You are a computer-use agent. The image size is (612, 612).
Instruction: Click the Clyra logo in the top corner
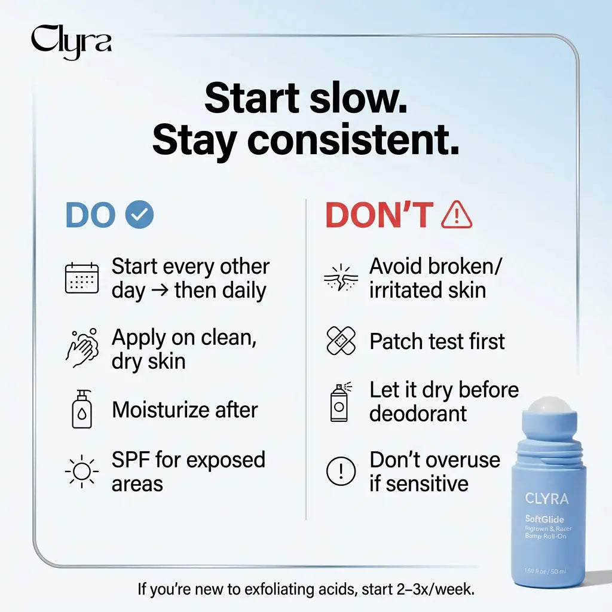(71, 42)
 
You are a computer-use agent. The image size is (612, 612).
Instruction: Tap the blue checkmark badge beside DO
(139, 215)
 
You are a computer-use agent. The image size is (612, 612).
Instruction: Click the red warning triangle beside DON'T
(457, 215)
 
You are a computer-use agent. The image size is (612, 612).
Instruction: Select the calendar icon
(82, 279)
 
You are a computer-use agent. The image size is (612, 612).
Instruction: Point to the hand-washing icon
(82, 348)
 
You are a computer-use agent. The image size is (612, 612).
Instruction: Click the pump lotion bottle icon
(82, 409)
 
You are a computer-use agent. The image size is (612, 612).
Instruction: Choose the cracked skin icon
(340, 279)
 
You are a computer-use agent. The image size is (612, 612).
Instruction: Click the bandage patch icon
(341, 341)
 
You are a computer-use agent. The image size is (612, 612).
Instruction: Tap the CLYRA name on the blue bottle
(547, 498)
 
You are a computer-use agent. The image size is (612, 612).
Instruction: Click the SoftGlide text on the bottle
(544, 519)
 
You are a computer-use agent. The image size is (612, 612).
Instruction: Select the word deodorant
(418, 413)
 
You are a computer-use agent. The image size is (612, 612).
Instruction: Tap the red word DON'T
(379, 215)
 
